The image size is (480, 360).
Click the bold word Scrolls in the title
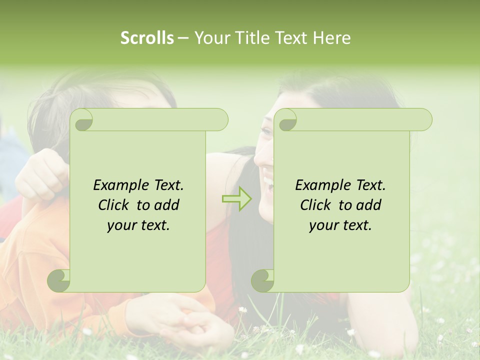click(x=147, y=38)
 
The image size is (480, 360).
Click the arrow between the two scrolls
click(x=237, y=199)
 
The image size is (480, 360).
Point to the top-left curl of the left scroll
click(x=82, y=120)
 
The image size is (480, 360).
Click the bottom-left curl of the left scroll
click(x=59, y=280)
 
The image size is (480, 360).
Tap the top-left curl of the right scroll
click(x=286, y=120)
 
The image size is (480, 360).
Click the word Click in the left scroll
click(x=113, y=205)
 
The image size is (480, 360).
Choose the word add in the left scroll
click(x=167, y=205)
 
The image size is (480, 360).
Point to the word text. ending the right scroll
click(x=356, y=225)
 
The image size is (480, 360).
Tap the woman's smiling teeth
click(x=269, y=180)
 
